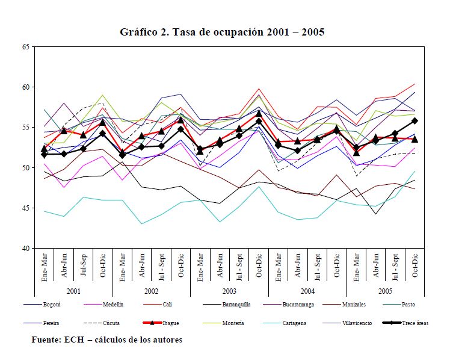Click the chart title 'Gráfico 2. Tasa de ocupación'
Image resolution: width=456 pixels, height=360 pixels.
tap(222, 32)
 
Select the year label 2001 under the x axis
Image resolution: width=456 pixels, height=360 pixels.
tap(73, 290)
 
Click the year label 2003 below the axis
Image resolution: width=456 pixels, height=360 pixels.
tap(229, 290)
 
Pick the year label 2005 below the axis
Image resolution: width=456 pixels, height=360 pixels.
tap(385, 290)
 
